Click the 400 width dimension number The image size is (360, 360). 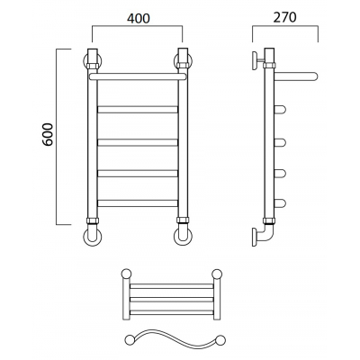coord(138,19)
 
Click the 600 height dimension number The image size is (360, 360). coord(48,134)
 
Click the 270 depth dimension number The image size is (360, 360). coord(284,17)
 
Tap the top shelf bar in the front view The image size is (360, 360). coord(137,76)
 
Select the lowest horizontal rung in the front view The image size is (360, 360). coord(138,203)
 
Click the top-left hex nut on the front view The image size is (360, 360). coord(93,65)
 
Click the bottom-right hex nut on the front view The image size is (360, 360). coord(183,220)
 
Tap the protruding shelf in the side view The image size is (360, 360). coord(296,76)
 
